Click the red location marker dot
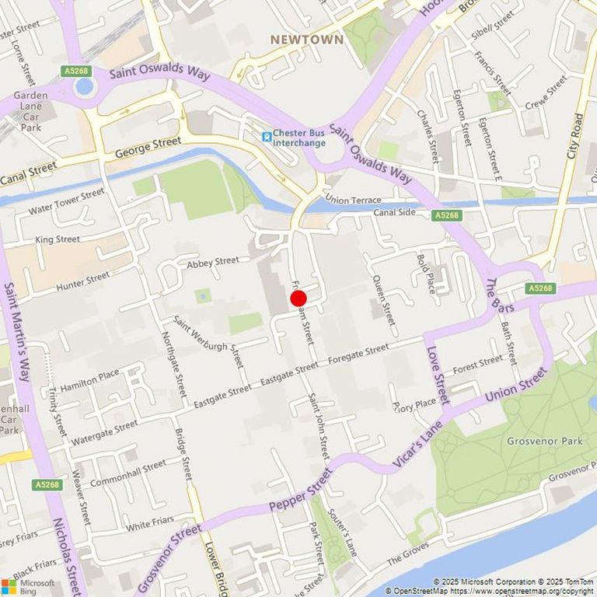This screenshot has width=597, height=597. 298,298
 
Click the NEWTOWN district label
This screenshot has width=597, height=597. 306,39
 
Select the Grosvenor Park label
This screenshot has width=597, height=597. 544,441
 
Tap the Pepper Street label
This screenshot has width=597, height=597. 300,490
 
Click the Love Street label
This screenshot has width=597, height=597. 438,375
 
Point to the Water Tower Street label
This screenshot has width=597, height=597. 66,201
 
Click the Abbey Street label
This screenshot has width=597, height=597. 213,263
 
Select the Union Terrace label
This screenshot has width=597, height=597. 354,200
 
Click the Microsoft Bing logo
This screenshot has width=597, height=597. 28,586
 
